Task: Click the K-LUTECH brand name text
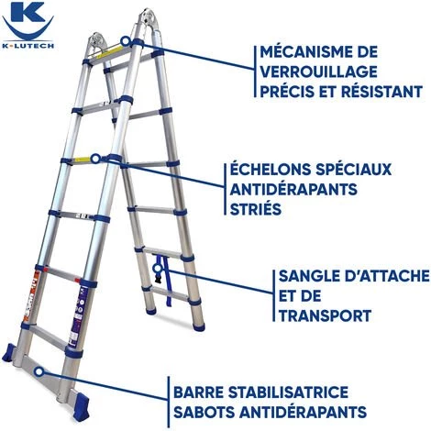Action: point(28,46)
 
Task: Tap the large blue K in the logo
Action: point(28,12)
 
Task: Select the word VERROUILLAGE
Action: point(318,72)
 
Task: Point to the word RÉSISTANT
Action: point(382,92)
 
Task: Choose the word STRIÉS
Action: point(256,209)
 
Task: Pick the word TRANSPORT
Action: point(326,315)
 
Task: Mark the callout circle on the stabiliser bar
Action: point(39,371)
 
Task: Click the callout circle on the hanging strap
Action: point(158,269)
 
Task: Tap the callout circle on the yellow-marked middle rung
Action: point(95,159)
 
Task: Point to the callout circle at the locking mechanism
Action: point(125,41)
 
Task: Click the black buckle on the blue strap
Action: point(159,280)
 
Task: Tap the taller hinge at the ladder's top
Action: point(149,19)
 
